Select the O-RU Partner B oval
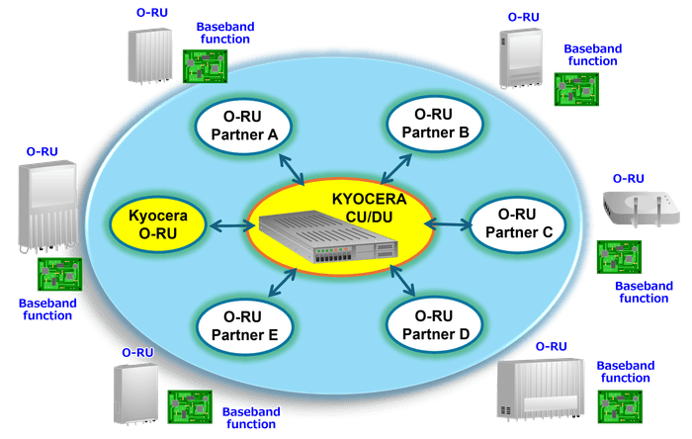coord(435,120)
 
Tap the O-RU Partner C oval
coord(517,224)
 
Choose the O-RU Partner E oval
coord(243,325)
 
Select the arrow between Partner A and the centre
coord(292,169)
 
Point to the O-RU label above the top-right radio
coord(523,17)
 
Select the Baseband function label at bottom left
coord(47,308)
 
